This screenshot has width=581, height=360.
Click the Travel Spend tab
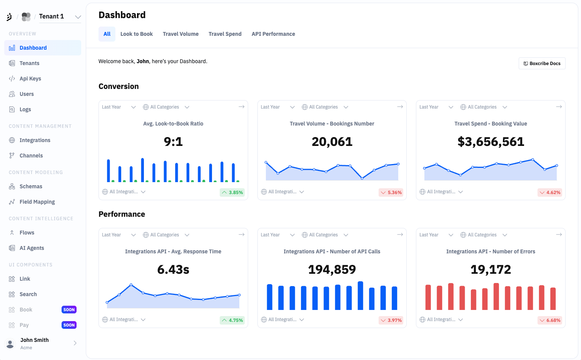(225, 34)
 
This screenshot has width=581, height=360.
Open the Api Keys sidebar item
(30, 79)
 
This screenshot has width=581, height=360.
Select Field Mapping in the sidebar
(37, 202)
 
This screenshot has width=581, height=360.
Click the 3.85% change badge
(232, 193)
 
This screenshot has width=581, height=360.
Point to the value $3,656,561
(491, 142)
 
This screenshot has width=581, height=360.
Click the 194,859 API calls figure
(332, 270)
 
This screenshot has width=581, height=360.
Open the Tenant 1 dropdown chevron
(78, 17)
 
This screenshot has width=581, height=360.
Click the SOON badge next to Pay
(69, 325)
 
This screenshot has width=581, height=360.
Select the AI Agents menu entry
(32, 248)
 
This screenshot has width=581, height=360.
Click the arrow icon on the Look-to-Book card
(242, 107)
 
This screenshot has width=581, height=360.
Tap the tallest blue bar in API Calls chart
(361, 295)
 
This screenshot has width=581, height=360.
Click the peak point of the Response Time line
(131, 285)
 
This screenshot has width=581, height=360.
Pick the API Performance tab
(273, 34)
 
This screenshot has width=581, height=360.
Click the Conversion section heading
(119, 86)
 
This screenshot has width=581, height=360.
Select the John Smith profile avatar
(10, 343)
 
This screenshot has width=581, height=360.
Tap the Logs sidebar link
(25, 109)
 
